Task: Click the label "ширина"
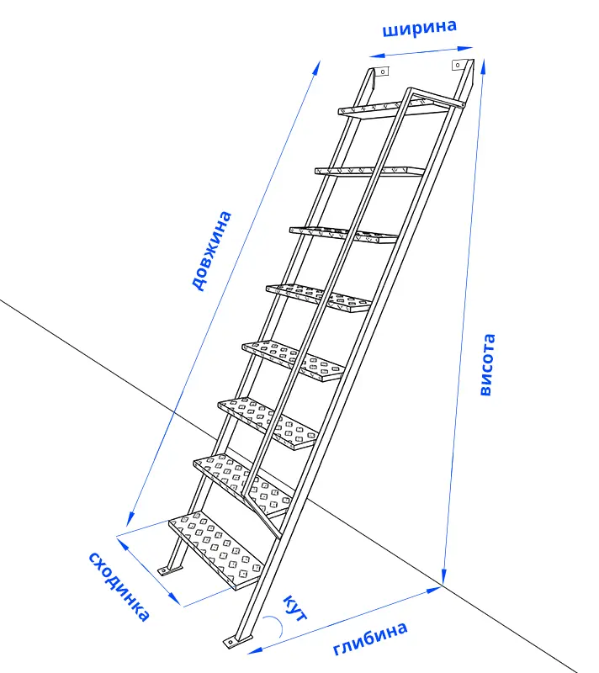419,28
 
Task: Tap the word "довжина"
212,251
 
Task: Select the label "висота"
487,364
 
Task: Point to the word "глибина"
370,638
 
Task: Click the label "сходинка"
119,586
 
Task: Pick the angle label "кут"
295,607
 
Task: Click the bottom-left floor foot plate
169,570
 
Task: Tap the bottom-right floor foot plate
237,640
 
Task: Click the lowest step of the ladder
216,550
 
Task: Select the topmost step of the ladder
393,109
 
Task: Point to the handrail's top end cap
463,104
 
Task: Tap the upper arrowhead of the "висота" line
483,66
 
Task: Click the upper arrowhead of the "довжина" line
316,68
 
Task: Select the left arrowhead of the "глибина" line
255,649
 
